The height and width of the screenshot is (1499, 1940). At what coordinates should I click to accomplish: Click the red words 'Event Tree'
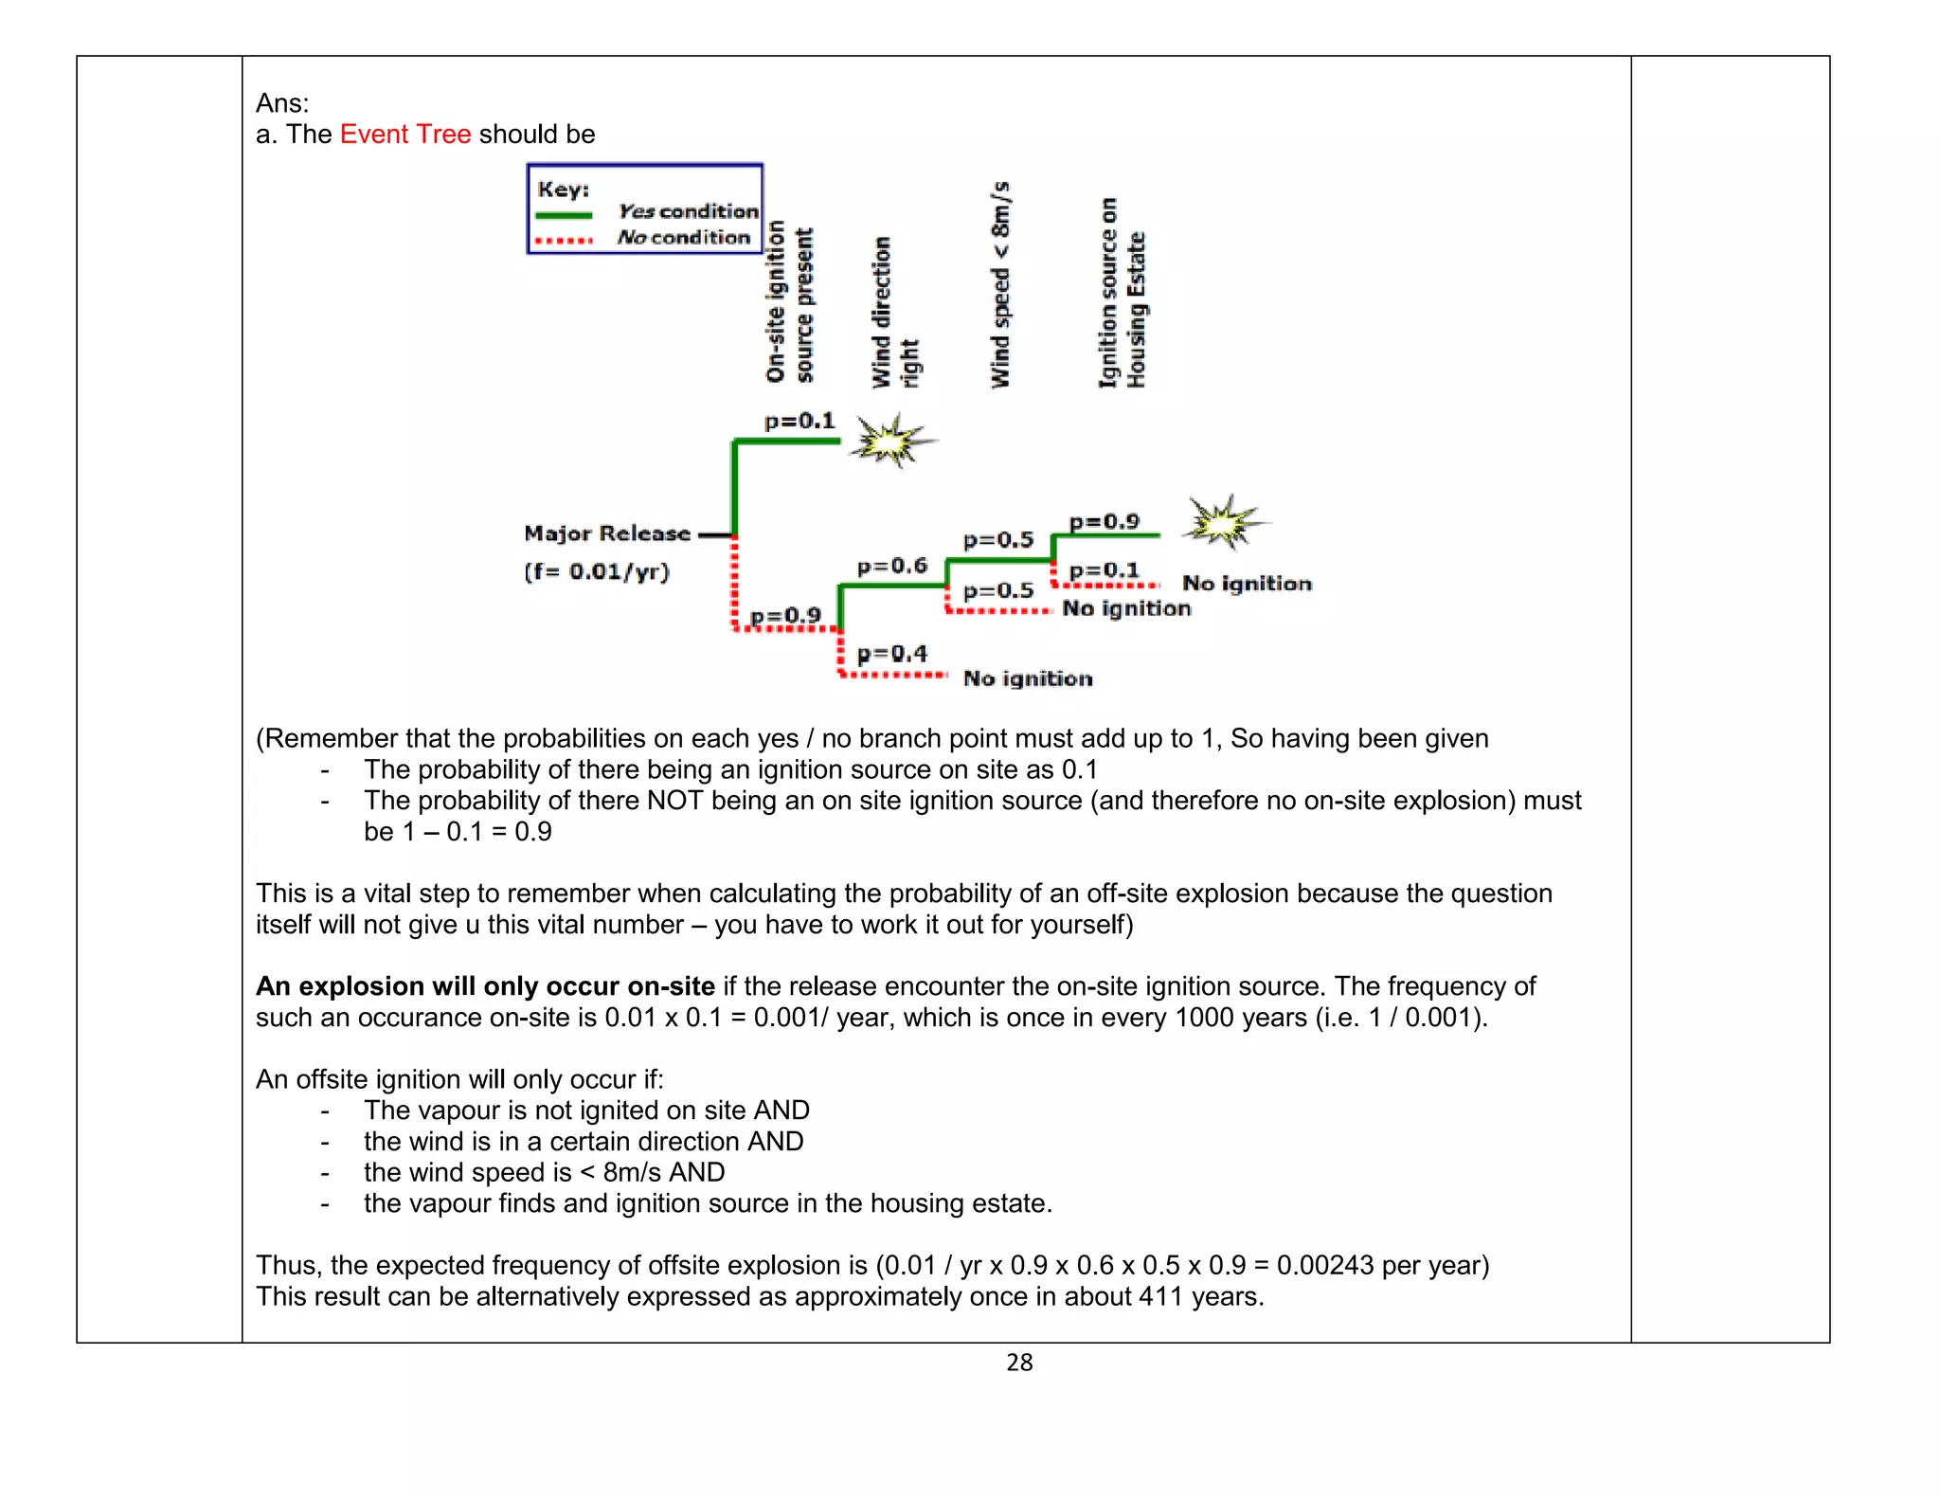click(405, 135)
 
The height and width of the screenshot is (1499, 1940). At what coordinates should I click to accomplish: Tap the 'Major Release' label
click(607, 533)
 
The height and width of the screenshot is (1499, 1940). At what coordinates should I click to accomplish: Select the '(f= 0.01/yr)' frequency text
click(597, 571)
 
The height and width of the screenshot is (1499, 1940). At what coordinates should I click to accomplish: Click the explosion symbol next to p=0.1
click(890, 441)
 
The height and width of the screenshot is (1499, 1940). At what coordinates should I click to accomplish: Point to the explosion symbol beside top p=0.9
click(1225, 522)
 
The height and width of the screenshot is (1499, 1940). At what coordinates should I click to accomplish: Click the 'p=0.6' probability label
click(891, 567)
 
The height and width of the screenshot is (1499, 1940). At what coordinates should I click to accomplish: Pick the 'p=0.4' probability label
click(891, 654)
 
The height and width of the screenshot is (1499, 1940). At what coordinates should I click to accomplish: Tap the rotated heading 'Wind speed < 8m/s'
click(1000, 284)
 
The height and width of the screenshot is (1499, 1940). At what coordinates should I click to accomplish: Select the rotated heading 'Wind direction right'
click(894, 313)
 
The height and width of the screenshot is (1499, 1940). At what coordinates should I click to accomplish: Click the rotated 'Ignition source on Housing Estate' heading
click(1122, 294)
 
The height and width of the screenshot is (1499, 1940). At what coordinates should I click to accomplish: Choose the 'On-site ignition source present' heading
click(789, 303)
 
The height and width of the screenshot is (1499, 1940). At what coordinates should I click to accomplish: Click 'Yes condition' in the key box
click(688, 211)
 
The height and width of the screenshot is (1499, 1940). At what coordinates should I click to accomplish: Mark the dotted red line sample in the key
click(564, 241)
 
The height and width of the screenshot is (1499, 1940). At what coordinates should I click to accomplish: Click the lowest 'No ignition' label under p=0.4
click(1028, 678)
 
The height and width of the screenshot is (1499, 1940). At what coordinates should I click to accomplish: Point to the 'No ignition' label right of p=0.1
click(1247, 584)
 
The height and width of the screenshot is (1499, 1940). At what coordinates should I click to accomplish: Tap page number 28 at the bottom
click(1019, 1363)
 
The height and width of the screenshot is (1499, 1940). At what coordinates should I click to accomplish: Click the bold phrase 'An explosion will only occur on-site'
click(485, 986)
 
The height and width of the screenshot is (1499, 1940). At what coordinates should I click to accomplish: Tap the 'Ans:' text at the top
click(282, 103)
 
